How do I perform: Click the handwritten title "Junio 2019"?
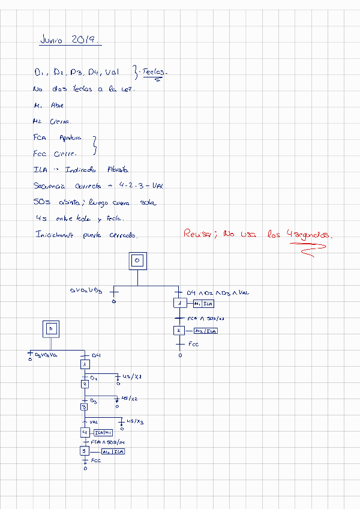70,40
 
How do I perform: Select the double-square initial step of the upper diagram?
137,260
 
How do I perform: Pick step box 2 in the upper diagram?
178,330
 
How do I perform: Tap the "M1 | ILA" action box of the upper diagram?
203,304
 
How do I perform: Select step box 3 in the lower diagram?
85,406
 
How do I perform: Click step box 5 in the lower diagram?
85,451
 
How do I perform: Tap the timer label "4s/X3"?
135,422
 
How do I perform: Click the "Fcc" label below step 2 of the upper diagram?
193,345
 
